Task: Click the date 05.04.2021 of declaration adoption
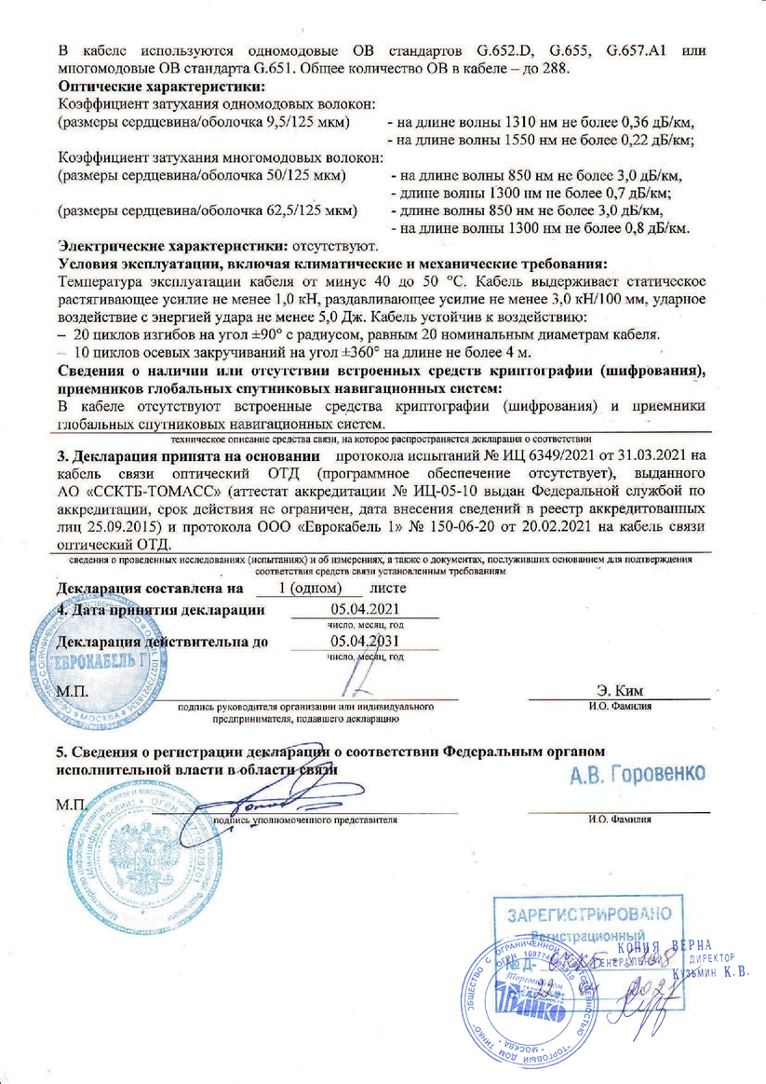(x=358, y=610)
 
